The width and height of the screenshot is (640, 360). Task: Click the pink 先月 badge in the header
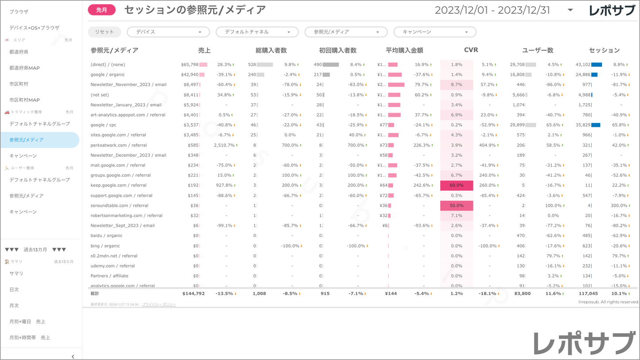(101, 10)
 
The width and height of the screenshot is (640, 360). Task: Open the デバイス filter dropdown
(168, 32)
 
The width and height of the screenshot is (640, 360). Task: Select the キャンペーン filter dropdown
(434, 32)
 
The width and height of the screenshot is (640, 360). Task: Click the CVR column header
(470, 50)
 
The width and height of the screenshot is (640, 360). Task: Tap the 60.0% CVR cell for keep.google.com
(456, 186)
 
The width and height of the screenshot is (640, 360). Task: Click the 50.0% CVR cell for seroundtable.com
(456, 205)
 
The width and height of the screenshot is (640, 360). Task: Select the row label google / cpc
(104, 125)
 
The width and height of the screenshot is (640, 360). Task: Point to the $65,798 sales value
(190, 65)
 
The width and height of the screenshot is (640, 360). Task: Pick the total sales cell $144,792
(194, 294)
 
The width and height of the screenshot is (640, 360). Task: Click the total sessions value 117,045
(588, 294)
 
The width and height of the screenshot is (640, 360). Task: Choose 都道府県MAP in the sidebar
(25, 68)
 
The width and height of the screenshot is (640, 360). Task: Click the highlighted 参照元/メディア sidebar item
(27, 140)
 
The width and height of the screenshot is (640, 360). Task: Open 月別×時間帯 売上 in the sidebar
(30, 337)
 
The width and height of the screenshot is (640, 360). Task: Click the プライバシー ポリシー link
(159, 305)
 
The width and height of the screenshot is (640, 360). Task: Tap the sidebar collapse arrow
(73, 356)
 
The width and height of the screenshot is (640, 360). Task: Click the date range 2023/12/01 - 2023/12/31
(492, 10)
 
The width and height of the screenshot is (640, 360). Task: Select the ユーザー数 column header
(538, 50)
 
